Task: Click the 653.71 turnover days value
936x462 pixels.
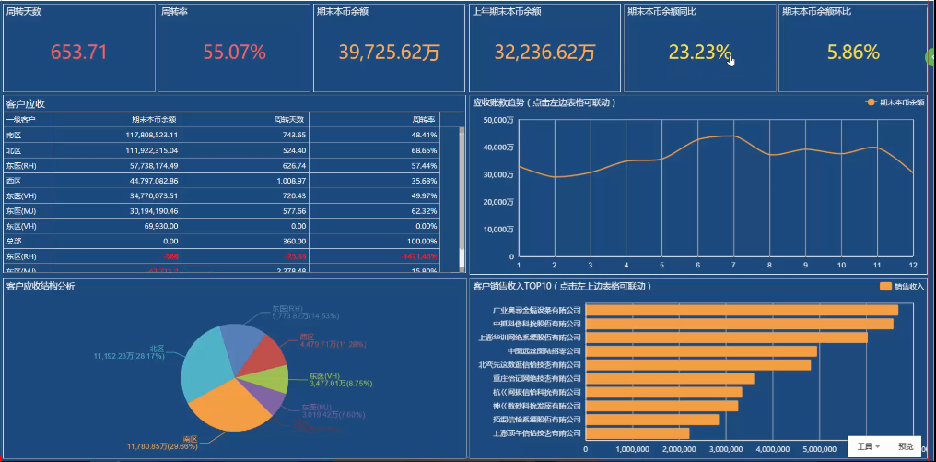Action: point(79,53)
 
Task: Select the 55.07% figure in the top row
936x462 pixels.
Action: point(234,53)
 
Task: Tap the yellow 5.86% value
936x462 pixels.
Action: point(853,53)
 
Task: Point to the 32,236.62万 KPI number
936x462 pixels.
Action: point(544,53)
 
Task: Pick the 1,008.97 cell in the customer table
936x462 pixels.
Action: point(290,181)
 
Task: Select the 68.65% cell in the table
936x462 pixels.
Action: point(419,149)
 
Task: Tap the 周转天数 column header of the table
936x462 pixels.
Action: point(290,119)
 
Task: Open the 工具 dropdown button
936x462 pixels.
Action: point(868,446)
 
